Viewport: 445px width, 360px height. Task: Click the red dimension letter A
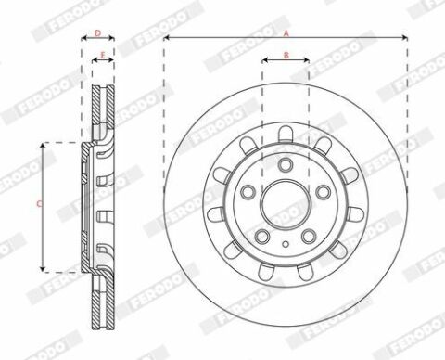(x=286, y=33)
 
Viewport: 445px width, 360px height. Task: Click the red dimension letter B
(x=286, y=56)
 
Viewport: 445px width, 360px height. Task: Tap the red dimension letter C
(x=39, y=204)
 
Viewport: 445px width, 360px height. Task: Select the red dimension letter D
(x=97, y=33)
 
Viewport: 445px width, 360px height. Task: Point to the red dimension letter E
(x=103, y=56)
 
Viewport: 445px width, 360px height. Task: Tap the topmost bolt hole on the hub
(x=286, y=164)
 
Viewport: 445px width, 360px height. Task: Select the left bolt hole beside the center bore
(x=248, y=192)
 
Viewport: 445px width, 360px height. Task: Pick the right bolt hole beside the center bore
(x=324, y=192)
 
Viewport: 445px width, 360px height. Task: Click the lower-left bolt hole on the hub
(x=261, y=237)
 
